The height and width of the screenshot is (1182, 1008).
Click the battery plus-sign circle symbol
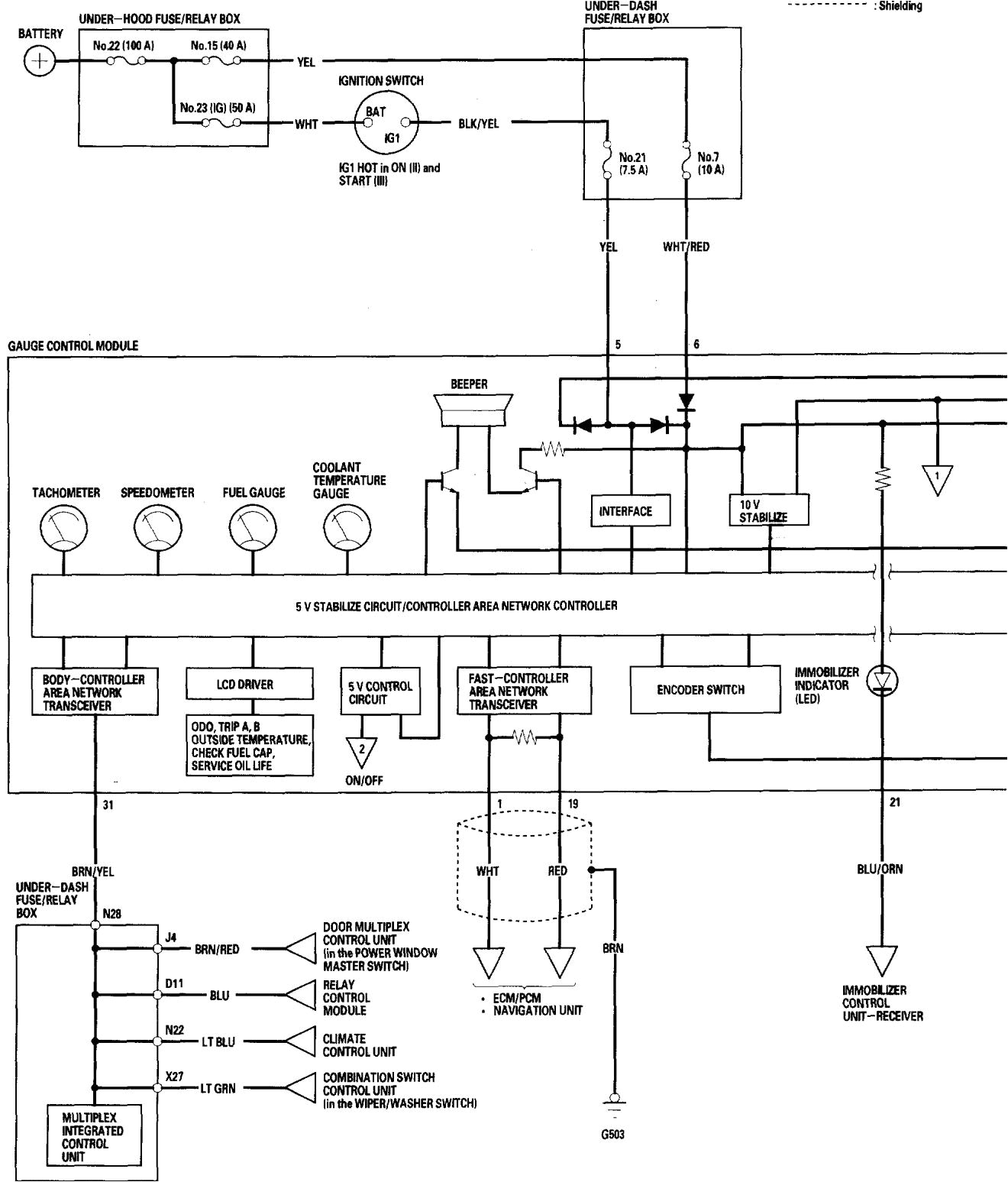[40, 61]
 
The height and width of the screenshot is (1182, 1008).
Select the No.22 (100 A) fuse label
[123, 46]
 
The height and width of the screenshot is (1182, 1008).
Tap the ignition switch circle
[388, 124]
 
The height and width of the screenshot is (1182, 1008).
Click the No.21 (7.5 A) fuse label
[633, 164]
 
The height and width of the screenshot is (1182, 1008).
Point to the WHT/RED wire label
[686, 247]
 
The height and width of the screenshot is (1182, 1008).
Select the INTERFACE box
[631, 511]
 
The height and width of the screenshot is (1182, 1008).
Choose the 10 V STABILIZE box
[767, 510]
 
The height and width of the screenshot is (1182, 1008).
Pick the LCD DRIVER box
[249, 685]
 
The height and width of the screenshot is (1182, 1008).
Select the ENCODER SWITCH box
[700, 689]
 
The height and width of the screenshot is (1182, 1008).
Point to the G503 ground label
[612, 1135]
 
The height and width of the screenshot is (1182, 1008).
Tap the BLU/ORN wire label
[880, 869]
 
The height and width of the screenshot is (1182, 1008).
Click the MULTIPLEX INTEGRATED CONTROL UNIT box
[92, 1137]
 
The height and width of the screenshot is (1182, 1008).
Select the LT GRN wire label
[218, 1088]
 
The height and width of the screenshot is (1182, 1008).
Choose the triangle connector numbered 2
[362, 752]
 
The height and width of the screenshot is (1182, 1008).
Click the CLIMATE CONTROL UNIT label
[359, 1044]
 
